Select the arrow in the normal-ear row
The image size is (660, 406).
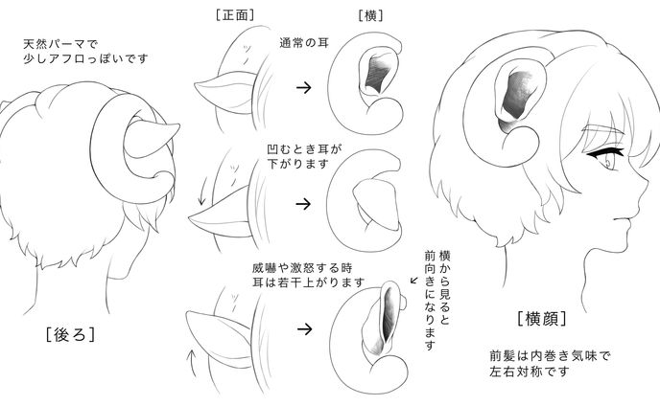pyautogui.click(x=302, y=87)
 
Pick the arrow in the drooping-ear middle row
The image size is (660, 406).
pyautogui.click(x=302, y=203)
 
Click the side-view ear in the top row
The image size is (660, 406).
pyautogui.click(x=376, y=76)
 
